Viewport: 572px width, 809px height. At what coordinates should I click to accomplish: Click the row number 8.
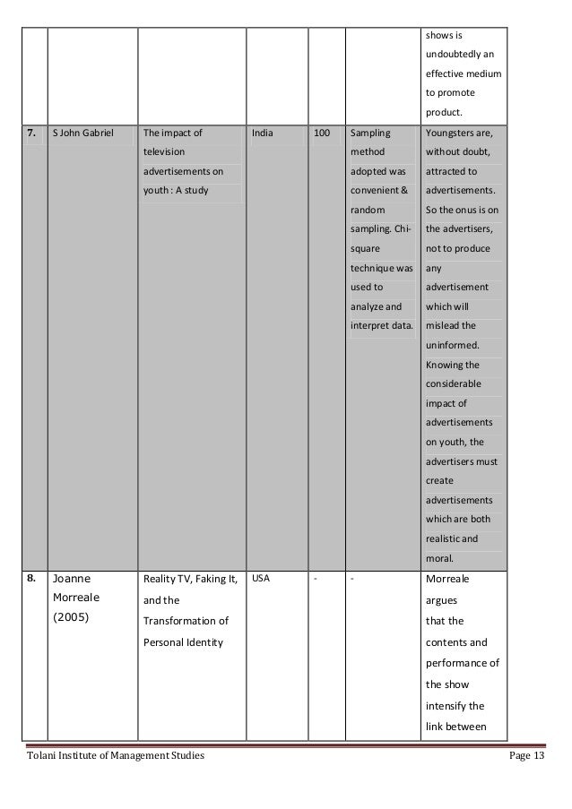[32, 578]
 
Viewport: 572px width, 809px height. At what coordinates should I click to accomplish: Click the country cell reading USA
[262, 578]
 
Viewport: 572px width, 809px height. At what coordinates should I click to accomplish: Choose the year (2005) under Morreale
[71, 617]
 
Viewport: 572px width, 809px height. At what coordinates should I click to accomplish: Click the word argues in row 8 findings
[440, 599]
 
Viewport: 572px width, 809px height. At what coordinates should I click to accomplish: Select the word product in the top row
[443, 113]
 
